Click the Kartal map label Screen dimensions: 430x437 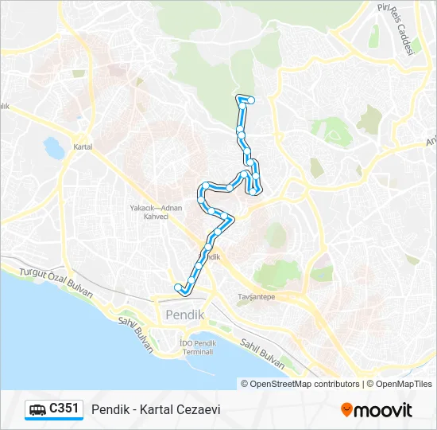tap(83, 147)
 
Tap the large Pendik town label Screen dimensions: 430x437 tap(185, 315)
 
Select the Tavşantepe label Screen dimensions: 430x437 tap(256, 296)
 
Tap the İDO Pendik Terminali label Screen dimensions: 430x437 tap(198, 347)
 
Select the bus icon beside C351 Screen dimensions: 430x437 tap(37, 410)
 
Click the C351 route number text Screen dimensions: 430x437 tap(64, 409)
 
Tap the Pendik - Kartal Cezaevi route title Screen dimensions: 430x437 tap(156, 410)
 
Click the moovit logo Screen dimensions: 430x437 tap(377, 410)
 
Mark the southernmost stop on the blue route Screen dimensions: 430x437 tap(177, 287)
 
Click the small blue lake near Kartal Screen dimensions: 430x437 tap(54, 147)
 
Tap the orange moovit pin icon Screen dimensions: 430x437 tap(346, 410)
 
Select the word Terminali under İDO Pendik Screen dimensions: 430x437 tap(198, 352)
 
